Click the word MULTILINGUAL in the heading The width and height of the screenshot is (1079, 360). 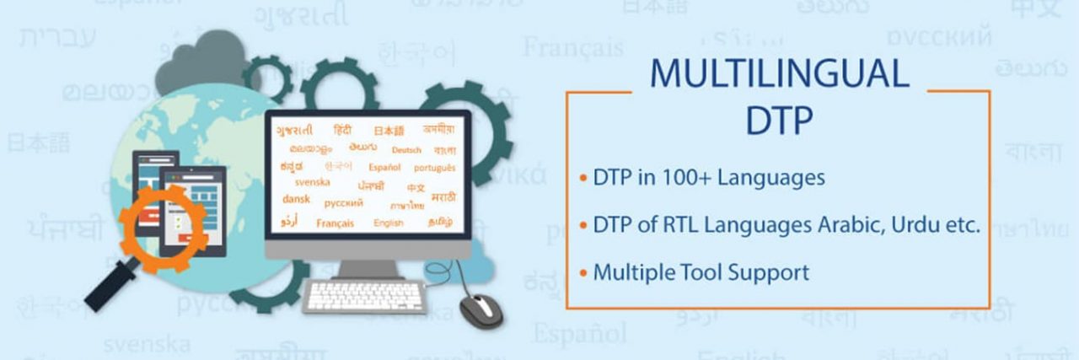point(779,73)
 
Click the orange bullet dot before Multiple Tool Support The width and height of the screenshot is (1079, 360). point(582,273)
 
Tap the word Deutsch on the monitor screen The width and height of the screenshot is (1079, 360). point(406,150)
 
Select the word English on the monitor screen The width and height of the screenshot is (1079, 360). point(389,223)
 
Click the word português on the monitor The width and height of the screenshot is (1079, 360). point(435,168)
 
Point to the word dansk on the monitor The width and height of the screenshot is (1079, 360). point(297,201)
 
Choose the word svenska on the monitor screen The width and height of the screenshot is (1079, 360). point(313,182)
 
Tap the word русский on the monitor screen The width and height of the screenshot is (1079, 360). point(344,203)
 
